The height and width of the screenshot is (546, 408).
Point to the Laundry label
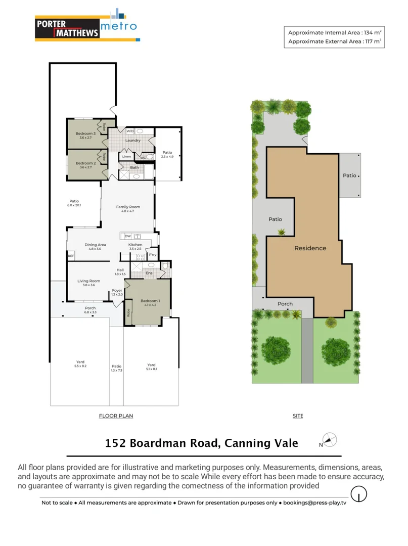tap(133, 140)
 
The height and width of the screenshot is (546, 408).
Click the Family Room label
tap(128, 207)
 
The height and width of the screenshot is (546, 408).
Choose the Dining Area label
tap(95, 245)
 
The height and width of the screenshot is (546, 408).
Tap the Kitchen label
tap(135, 245)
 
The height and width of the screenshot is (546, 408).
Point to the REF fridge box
tap(71, 256)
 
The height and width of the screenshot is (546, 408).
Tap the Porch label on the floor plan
tap(90, 308)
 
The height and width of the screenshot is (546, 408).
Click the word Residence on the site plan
tap(310, 248)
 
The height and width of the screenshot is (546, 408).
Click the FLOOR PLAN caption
tap(116, 416)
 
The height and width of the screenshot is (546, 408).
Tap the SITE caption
tap(298, 416)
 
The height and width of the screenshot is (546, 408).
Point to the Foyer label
tap(117, 291)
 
